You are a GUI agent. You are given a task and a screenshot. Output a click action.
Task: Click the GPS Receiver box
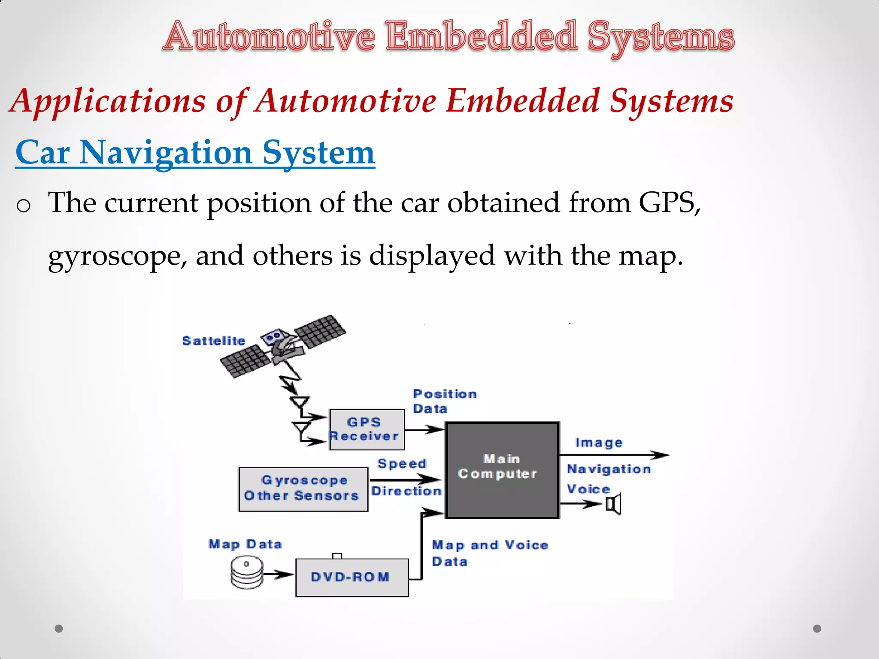click(367, 429)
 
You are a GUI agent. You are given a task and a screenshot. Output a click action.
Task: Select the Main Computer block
click(502, 470)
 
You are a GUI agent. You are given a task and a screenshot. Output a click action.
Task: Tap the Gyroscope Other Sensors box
click(303, 489)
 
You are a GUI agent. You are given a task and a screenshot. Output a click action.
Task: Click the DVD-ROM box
click(352, 577)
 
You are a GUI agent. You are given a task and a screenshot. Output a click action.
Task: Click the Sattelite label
click(214, 341)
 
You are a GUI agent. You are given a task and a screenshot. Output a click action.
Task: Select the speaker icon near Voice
click(614, 504)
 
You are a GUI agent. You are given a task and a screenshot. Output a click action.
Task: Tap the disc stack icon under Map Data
click(247, 572)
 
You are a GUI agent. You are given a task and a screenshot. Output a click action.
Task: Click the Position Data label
click(444, 401)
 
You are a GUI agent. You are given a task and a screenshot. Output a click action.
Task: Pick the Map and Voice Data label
click(489, 553)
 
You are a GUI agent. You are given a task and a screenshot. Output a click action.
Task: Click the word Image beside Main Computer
click(598, 442)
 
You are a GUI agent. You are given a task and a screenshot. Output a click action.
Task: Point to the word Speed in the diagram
click(402, 463)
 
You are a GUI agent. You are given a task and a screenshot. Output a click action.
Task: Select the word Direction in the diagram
click(406, 491)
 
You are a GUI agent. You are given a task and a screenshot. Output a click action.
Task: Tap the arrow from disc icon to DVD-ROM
click(278, 574)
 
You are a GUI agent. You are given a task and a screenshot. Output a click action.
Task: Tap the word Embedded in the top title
click(481, 36)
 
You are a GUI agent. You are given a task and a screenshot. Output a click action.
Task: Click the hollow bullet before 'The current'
click(23, 206)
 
